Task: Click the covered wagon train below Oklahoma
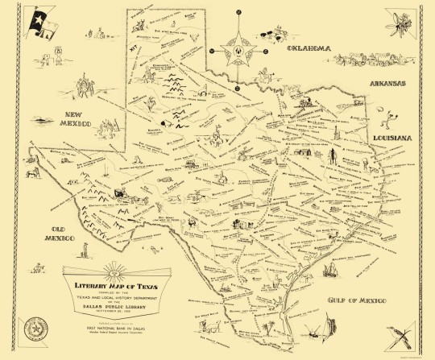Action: pyautogui.click(x=367, y=58)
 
